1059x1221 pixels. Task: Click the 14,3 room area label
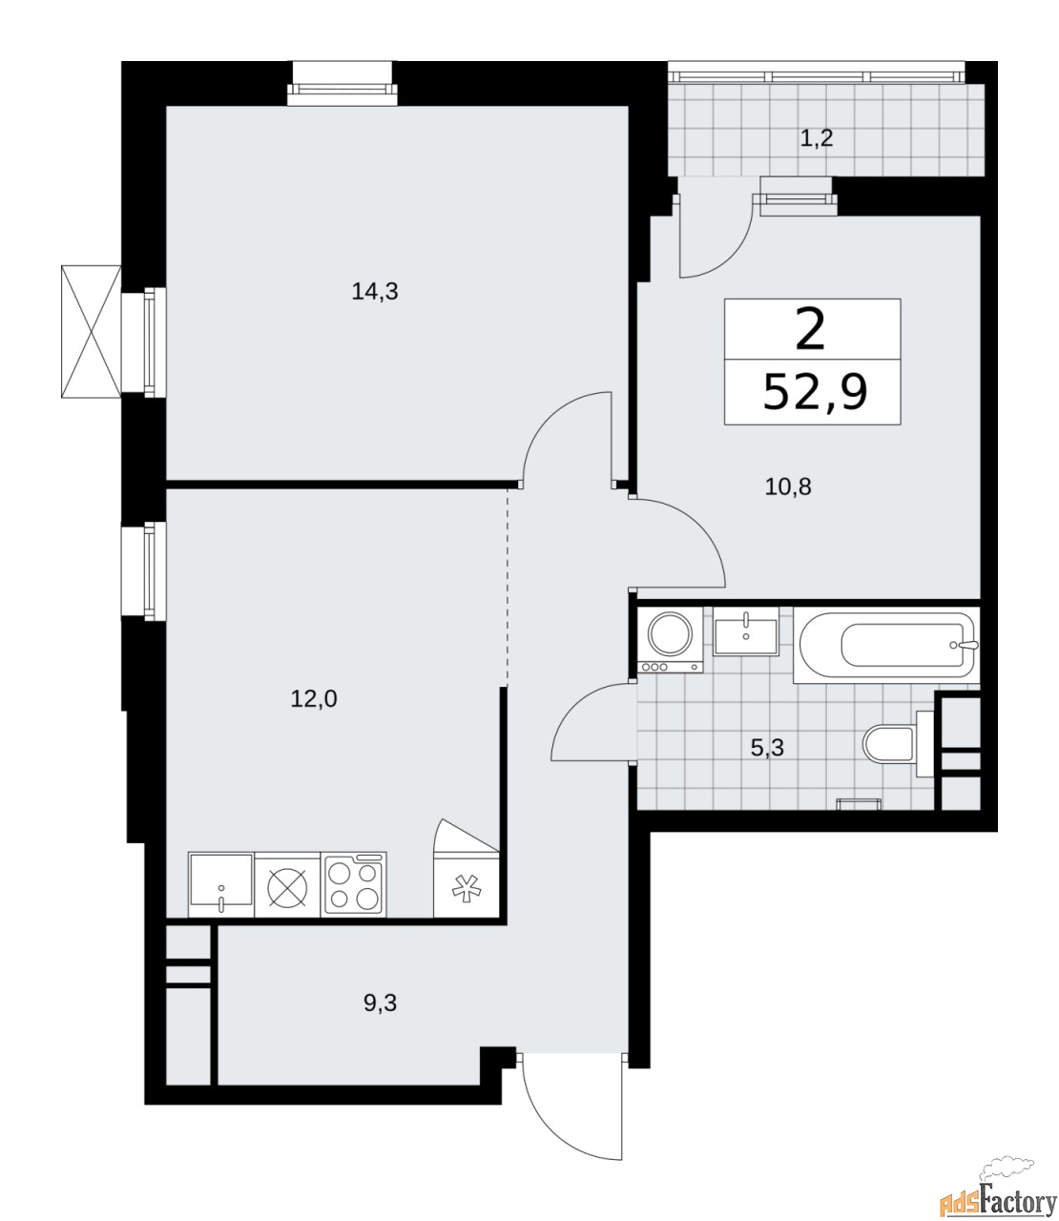point(375,292)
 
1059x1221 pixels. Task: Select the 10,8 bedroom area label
point(788,487)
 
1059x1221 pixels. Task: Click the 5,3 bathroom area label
point(767,749)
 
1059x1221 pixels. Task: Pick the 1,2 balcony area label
point(816,139)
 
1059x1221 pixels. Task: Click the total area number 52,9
point(815,393)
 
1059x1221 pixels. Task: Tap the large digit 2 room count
point(810,331)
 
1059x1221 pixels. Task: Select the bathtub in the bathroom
point(886,646)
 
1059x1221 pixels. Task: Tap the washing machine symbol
point(670,640)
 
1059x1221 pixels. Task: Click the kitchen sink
point(221,884)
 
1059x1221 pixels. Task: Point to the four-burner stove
point(353,884)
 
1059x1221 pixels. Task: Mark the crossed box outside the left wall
point(91,331)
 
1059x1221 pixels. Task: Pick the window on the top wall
point(343,83)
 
